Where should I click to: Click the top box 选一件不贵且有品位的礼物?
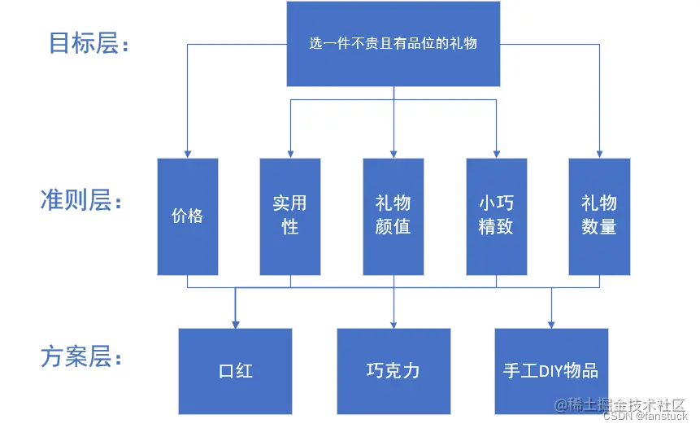click(x=393, y=44)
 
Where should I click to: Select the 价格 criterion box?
click(x=188, y=216)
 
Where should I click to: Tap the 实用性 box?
click(x=290, y=216)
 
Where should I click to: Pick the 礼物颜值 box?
click(x=393, y=216)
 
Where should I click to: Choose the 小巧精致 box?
click(x=497, y=216)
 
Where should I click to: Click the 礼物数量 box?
click(x=599, y=216)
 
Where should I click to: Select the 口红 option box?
click(x=235, y=372)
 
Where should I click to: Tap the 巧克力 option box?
click(x=393, y=372)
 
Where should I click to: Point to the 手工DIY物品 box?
click(x=551, y=372)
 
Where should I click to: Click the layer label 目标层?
click(x=89, y=43)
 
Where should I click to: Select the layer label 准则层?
click(x=80, y=199)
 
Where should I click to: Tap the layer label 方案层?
click(x=80, y=356)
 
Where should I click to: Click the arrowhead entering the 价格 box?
click(x=188, y=155)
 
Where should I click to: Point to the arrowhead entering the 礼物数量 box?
click(x=599, y=155)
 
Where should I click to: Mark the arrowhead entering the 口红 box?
click(x=236, y=325)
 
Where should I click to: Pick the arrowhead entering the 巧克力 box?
click(x=393, y=325)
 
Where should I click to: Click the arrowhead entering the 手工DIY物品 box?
click(x=551, y=325)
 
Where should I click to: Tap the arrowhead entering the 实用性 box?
click(x=290, y=155)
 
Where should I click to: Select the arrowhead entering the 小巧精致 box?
click(x=497, y=155)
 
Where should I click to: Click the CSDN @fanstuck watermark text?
click(x=645, y=417)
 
